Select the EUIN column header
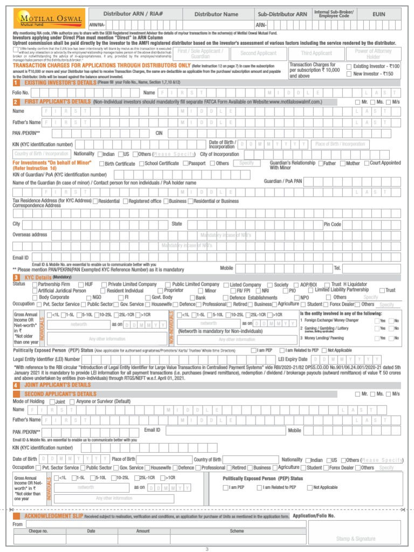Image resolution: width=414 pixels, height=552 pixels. [x=379, y=14]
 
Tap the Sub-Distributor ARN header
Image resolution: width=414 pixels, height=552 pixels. [x=282, y=14]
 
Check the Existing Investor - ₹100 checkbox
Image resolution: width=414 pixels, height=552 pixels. [x=349, y=66]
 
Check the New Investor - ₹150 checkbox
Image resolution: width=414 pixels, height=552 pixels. [x=349, y=74]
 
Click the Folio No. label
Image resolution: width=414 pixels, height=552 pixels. [x=21, y=93]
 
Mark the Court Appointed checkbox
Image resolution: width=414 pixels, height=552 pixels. [x=367, y=163]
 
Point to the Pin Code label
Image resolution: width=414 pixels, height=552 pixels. [x=332, y=224]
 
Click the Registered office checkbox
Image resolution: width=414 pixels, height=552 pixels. [x=126, y=201]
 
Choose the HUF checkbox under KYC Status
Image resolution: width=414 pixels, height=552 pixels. [x=80, y=285]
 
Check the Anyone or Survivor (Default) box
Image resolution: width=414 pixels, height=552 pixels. [x=72, y=402]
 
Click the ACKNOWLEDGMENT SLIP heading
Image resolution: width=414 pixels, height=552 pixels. [x=54, y=516]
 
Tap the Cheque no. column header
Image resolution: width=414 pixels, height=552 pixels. [x=38, y=531]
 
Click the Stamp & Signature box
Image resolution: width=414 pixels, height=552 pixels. [x=355, y=539]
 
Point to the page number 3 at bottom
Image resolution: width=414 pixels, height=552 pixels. [x=206, y=549]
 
